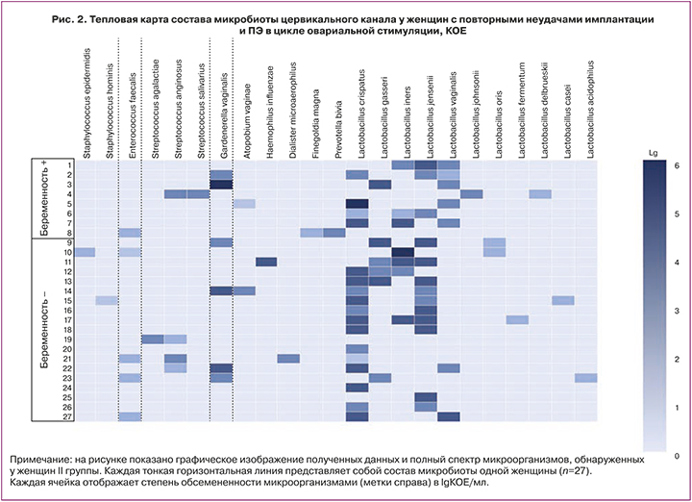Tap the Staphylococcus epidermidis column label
click(x=86, y=106)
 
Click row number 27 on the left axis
click(x=67, y=415)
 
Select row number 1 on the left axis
click(x=68, y=164)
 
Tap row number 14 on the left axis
click(x=67, y=290)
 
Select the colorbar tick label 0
click(x=679, y=454)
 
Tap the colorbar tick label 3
click(x=679, y=310)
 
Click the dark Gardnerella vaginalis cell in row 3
click(x=222, y=184)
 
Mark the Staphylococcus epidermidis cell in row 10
click(x=86, y=252)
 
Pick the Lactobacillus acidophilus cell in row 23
click(x=586, y=377)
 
